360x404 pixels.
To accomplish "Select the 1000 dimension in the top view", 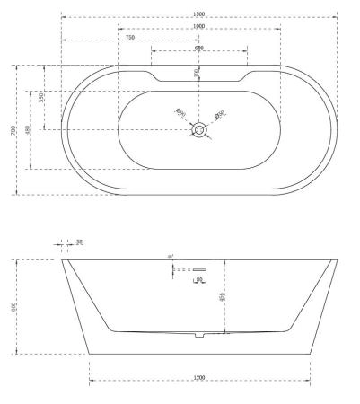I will pyautogui.click(x=198, y=26).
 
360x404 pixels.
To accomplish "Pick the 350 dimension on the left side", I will pyautogui.click(x=40, y=97).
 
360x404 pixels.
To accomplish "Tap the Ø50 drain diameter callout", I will pyautogui.click(x=220, y=114).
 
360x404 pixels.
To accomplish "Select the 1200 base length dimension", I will pyautogui.click(x=199, y=379).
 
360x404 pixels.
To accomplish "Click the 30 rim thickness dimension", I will pyautogui.click(x=79, y=242).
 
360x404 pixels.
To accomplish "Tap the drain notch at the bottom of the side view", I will pyautogui.click(x=199, y=337).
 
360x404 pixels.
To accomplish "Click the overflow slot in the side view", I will pyautogui.click(x=201, y=269).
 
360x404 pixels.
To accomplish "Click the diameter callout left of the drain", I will pyautogui.click(x=180, y=114).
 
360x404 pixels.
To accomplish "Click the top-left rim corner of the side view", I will pyautogui.click(x=62, y=260).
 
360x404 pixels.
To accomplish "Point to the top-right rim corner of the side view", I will pyautogui.click(x=337, y=260).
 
